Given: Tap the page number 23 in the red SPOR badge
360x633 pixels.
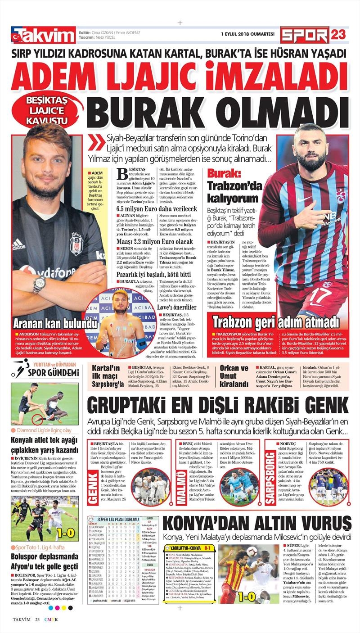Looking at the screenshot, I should coord(338,35).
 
